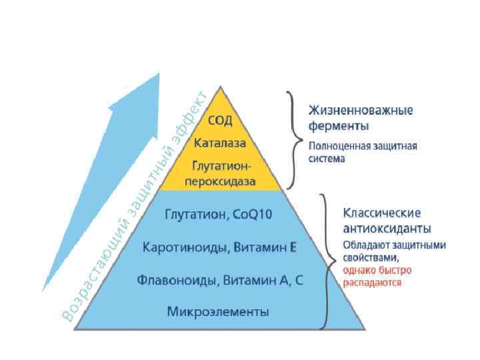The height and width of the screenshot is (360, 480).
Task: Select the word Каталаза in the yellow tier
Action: [x=220, y=143]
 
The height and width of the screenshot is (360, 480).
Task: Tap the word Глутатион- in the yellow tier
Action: [x=220, y=165]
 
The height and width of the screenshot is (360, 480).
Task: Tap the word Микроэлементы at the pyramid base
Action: [x=219, y=311]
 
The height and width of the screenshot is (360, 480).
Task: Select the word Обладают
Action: [x=364, y=245]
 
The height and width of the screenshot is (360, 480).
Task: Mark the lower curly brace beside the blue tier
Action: [x=325, y=261]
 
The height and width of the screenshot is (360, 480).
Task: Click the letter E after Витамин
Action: [x=293, y=248]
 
